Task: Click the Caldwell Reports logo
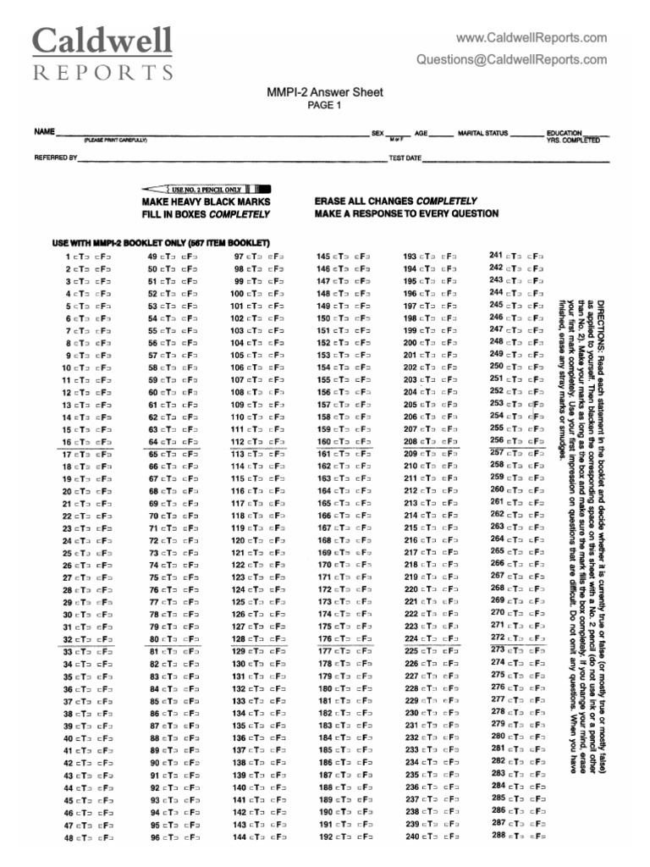102,52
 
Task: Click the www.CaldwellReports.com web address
531,37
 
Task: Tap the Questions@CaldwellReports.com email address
510,59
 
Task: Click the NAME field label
43,133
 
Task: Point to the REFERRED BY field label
56,157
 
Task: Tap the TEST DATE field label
405,157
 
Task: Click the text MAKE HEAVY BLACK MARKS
206,202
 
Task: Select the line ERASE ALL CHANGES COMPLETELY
396,202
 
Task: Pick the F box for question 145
360,257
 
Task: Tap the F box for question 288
535,836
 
